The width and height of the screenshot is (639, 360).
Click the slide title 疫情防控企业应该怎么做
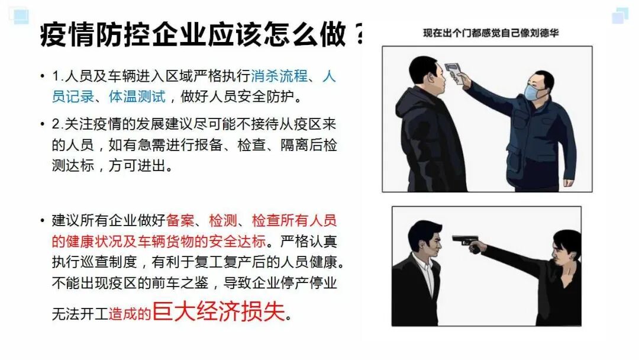(x=193, y=34)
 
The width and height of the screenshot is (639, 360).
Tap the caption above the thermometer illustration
(x=490, y=33)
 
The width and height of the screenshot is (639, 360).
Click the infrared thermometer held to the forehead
(x=455, y=73)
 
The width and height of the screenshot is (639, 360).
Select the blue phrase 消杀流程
(x=279, y=76)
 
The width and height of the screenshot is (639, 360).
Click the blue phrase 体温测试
(x=137, y=97)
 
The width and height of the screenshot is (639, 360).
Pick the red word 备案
(x=180, y=221)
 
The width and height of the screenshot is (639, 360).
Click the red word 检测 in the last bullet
(x=223, y=221)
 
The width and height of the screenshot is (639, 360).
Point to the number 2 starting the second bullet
(x=56, y=124)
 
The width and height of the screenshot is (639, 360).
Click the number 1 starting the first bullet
(x=56, y=76)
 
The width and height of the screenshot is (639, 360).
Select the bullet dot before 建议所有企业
(x=43, y=221)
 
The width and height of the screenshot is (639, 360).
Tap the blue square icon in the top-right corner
(x=620, y=15)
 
